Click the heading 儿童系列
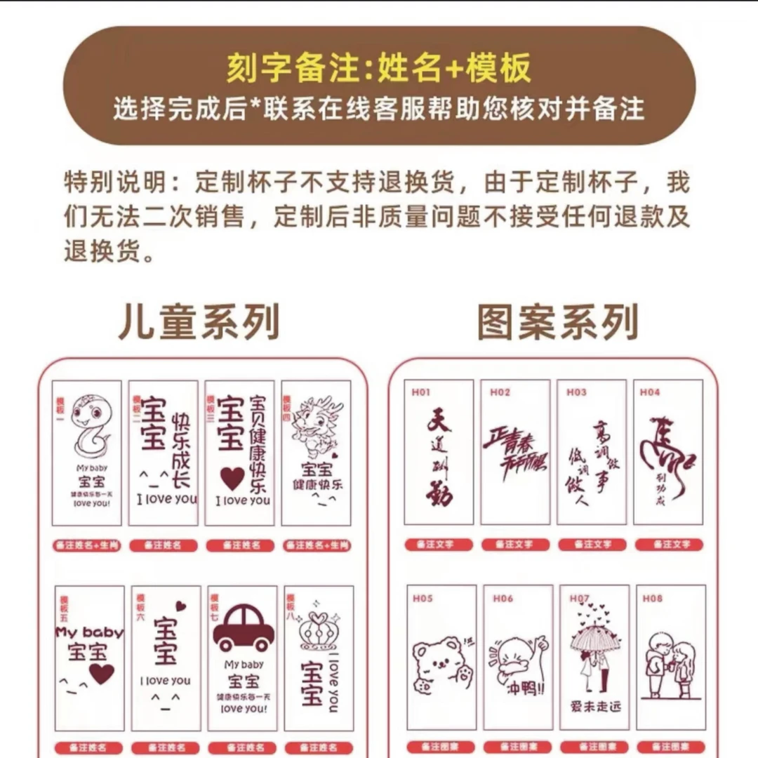pos(199,323)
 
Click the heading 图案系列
pos(557,323)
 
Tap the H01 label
pos(421,393)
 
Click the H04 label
pos(650,393)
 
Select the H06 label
pos(503,599)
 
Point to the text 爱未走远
pos(595,705)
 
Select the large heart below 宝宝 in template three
pos(232,478)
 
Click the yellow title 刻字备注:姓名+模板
pos(379,69)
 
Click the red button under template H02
pos(515,545)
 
